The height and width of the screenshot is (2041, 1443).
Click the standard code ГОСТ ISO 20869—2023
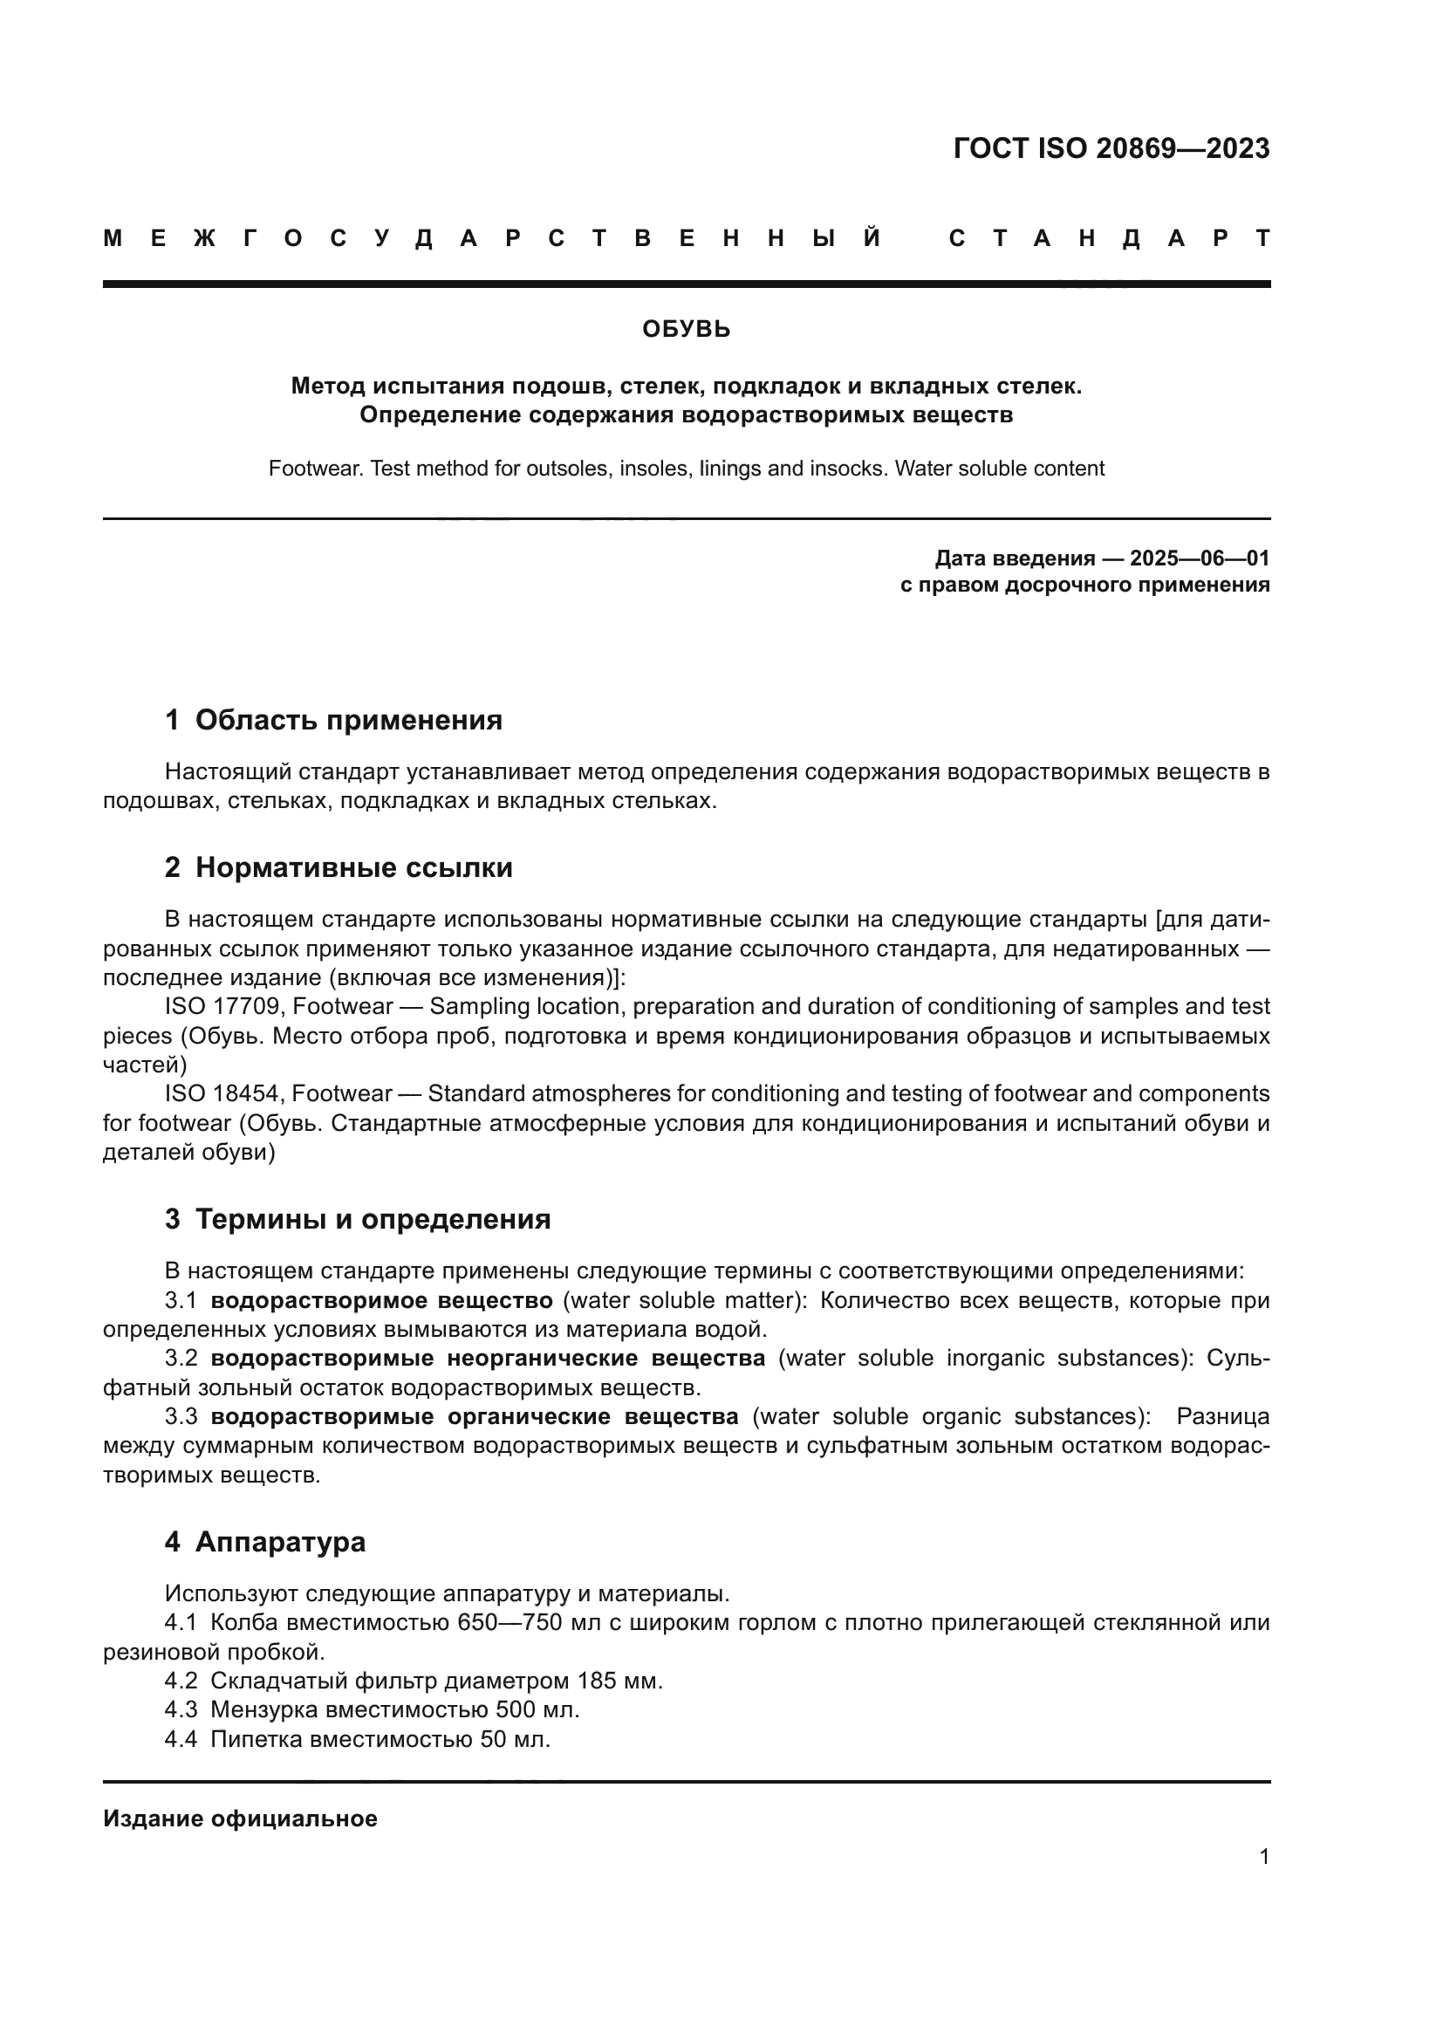pos(1111,148)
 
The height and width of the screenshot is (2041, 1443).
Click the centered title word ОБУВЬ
pos(686,330)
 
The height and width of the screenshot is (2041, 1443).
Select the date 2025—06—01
pos(1199,558)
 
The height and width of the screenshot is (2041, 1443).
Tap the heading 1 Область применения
pos(333,720)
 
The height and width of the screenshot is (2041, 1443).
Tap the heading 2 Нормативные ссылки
pos(339,867)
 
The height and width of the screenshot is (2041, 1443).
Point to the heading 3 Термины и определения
pos(357,1219)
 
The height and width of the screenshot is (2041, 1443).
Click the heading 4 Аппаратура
pos(265,1541)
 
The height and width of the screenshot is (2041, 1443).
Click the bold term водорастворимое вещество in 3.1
pos(381,1300)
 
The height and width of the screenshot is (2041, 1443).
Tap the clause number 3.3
pos(181,1416)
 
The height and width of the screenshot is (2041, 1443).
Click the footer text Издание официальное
pos(240,1818)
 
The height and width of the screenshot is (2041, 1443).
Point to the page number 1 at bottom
pos(1263,1856)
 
